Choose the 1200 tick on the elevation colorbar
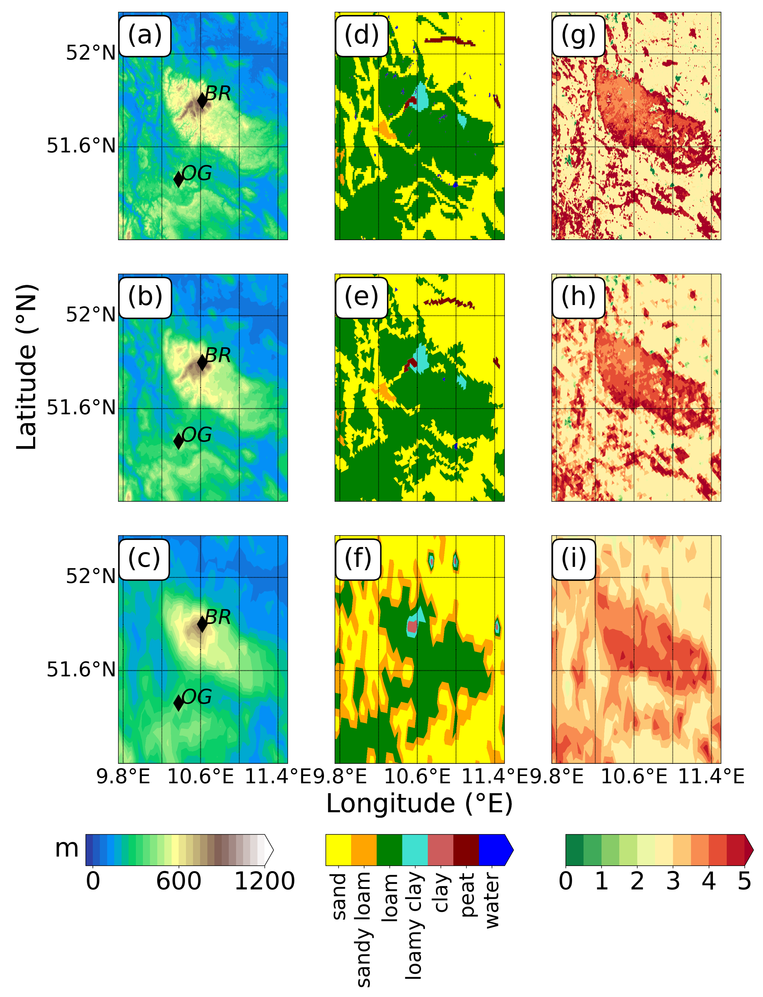[264, 881]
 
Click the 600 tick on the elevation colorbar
[179, 881]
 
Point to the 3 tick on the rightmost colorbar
[673, 881]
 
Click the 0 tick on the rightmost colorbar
[566, 881]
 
